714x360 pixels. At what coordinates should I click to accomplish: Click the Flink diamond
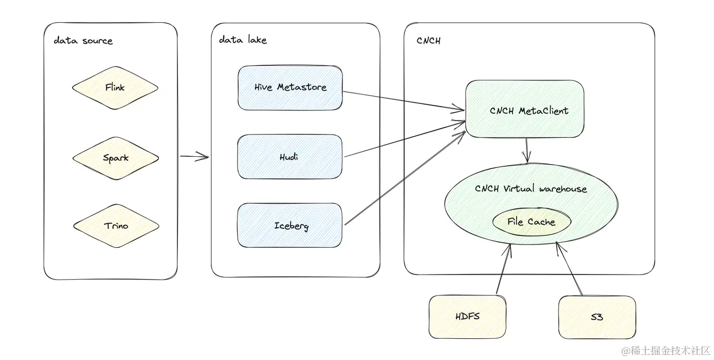(x=115, y=88)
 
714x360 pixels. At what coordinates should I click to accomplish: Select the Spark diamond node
(x=115, y=157)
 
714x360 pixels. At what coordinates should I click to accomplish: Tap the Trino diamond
(x=116, y=226)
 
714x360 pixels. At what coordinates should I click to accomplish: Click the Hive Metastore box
(x=290, y=88)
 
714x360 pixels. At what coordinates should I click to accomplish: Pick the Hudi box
(x=289, y=157)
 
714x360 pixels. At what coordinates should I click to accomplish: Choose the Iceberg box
(x=290, y=225)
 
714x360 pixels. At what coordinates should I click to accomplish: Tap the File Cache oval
(x=531, y=222)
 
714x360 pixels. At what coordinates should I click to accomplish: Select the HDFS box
(x=467, y=316)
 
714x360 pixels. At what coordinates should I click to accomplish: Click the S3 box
(x=597, y=317)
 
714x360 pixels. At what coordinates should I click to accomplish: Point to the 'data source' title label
(x=83, y=41)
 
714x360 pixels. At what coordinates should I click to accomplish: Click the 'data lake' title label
(x=243, y=40)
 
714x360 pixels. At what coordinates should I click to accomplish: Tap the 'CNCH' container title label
(x=428, y=41)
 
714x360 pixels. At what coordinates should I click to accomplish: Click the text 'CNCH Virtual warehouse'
(x=531, y=189)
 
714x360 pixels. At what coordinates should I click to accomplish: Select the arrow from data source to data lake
(x=194, y=157)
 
